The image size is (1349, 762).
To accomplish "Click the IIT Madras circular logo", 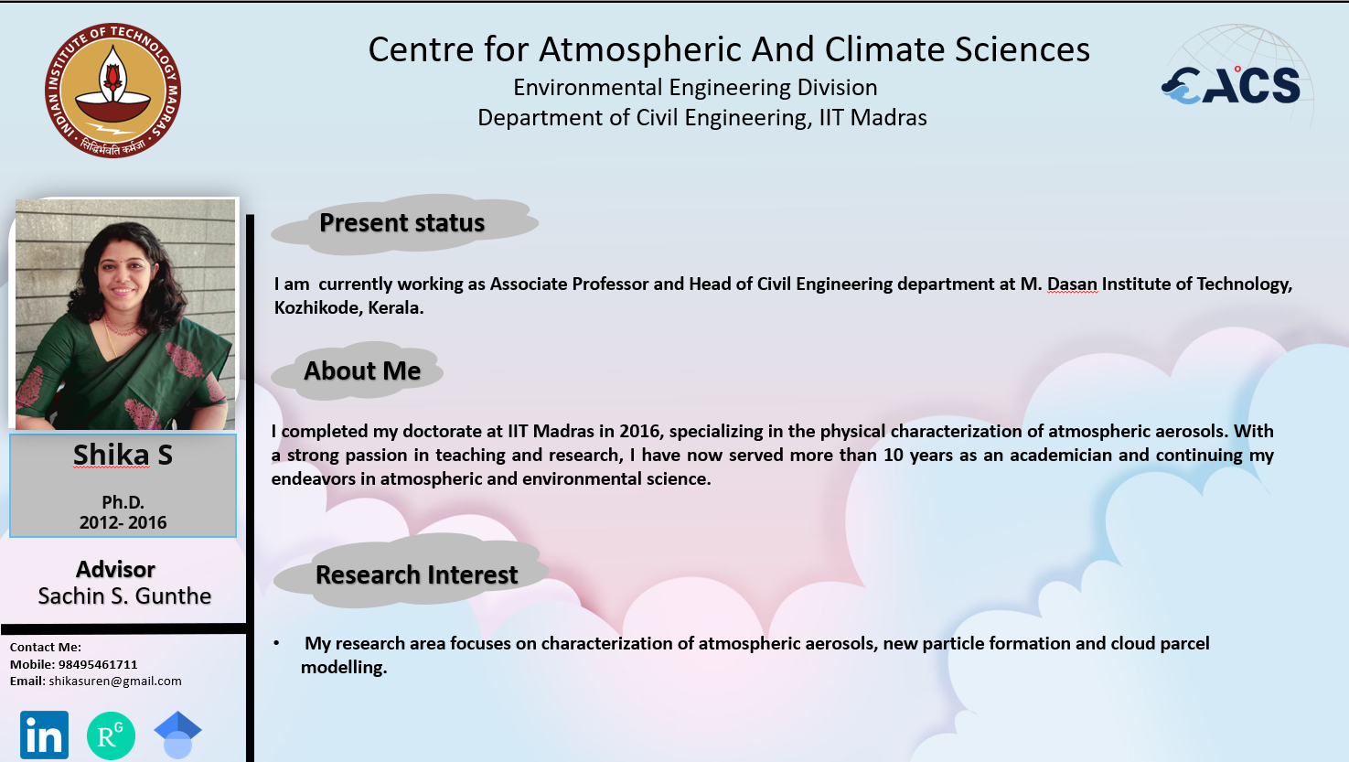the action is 112,91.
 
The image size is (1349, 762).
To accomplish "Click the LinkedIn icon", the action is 44,735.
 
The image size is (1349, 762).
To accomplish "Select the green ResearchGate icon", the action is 111,735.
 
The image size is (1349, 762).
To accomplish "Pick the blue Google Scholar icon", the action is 177,735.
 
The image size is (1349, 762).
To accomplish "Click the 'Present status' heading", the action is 401,223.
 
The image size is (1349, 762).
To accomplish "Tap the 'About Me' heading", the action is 362,371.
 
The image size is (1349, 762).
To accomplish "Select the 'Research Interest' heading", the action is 417,574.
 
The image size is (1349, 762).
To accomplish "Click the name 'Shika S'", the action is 123,455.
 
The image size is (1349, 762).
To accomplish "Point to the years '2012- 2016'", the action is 123,522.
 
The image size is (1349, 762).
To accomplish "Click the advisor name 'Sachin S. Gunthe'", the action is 124,596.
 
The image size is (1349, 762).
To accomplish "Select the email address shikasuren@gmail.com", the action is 115,681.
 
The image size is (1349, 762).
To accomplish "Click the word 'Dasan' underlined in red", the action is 1072,284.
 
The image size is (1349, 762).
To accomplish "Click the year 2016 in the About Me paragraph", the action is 639,431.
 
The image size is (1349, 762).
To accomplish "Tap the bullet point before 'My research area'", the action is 276,643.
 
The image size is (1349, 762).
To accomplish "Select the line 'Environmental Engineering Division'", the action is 695,88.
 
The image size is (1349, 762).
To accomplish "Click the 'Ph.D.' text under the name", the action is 123,502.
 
